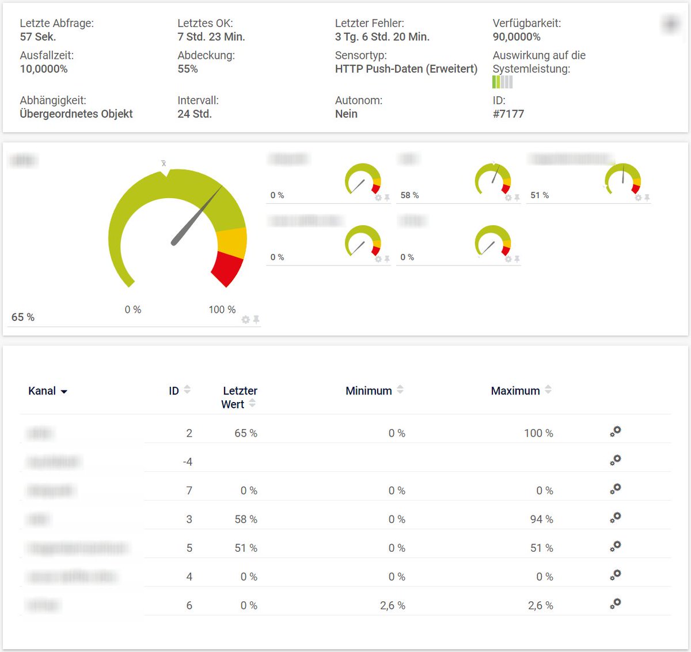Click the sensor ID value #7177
[x=508, y=114]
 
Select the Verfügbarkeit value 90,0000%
[x=517, y=37]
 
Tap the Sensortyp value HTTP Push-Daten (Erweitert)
[x=406, y=69]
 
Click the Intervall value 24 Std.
[x=195, y=114]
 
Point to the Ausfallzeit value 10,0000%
[x=44, y=69]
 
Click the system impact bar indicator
[x=502, y=82]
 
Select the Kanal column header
[x=43, y=391]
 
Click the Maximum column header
[x=515, y=391]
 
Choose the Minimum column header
[x=369, y=391]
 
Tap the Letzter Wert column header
[x=239, y=397]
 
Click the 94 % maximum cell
[x=541, y=520]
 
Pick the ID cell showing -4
[x=188, y=462]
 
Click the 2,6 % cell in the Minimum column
[x=393, y=606]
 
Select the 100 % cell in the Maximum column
[x=538, y=433]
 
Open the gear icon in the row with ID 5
[x=616, y=546]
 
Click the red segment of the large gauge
[x=228, y=268]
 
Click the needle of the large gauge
[x=196, y=216]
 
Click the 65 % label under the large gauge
[x=23, y=317]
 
